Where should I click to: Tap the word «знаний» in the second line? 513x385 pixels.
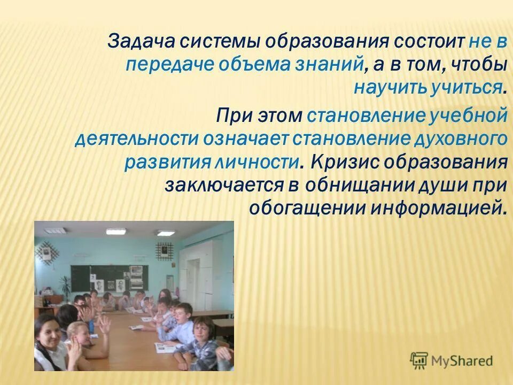point(332,65)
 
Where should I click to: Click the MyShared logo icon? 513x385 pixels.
point(419,360)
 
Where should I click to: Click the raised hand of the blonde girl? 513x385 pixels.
point(105,324)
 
